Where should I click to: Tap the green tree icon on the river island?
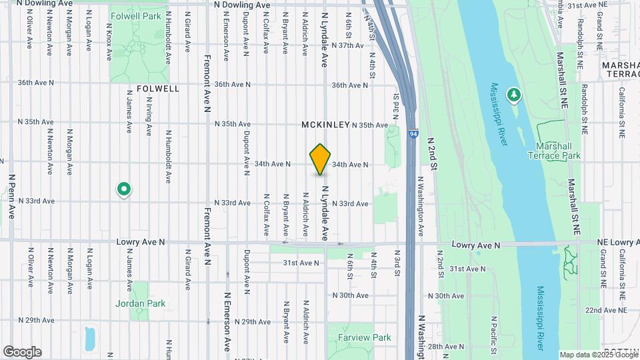(513, 96)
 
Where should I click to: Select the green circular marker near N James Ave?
(123, 190)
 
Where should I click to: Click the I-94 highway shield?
(414, 134)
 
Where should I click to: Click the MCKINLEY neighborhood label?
(325, 125)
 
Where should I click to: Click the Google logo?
(22, 352)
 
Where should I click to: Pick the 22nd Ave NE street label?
(605, 311)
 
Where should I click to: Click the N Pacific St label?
(494, 337)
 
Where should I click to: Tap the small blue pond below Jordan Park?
(90, 338)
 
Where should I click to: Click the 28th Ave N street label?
(445, 347)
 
